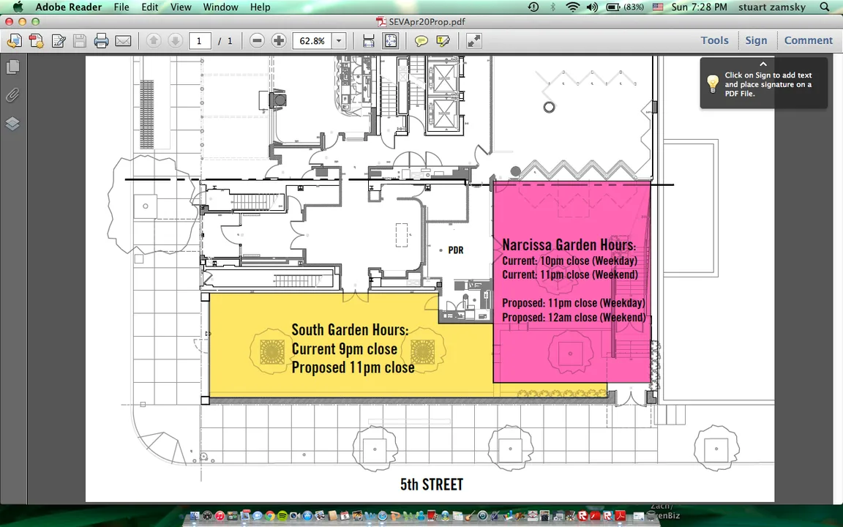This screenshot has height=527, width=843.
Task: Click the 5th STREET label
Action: click(x=431, y=485)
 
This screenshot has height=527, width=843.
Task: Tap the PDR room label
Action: click(x=455, y=250)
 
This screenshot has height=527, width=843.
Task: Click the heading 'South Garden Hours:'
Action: click(x=350, y=329)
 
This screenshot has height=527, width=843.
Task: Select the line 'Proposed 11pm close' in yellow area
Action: click(x=353, y=367)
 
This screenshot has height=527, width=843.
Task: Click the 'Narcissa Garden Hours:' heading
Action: click(x=569, y=244)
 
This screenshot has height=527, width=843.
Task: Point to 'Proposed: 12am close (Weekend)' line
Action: click(x=574, y=317)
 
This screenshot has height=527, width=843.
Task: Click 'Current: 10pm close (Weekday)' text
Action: click(x=569, y=261)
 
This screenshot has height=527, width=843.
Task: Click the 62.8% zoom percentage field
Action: click(x=312, y=41)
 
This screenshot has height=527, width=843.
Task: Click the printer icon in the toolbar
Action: click(x=101, y=41)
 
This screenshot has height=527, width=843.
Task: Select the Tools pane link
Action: click(x=714, y=40)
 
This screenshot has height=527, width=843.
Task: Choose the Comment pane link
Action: click(x=808, y=40)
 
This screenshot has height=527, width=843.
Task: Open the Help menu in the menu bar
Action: click(x=261, y=7)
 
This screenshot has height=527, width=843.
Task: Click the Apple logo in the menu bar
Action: click(x=18, y=7)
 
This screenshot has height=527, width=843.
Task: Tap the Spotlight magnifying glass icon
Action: click(x=825, y=7)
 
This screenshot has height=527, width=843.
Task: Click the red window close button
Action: click(x=9, y=21)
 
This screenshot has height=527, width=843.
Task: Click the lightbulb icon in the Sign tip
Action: click(x=712, y=84)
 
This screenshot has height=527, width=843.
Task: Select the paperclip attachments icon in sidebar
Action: click(x=12, y=96)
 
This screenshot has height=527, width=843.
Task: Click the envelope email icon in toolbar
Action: click(x=123, y=41)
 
